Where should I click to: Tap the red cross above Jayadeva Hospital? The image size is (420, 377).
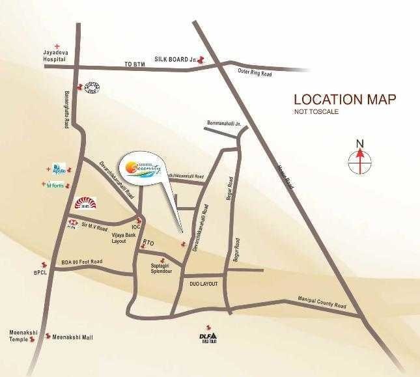57,46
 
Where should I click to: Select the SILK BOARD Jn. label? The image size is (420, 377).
175,59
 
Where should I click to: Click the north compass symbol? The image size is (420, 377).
359,158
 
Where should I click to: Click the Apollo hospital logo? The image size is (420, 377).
59,170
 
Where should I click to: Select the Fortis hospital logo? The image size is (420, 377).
57,185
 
